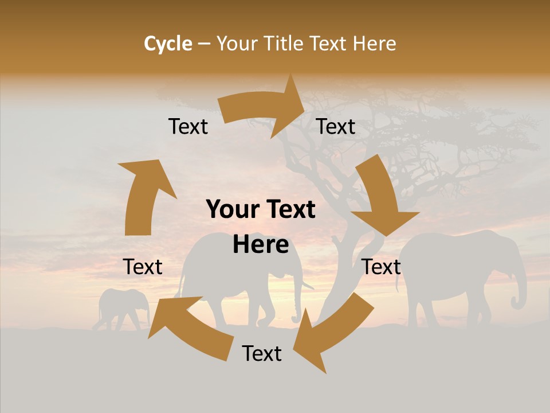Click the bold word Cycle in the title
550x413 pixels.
click(168, 44)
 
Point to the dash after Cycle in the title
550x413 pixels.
click(204, 44)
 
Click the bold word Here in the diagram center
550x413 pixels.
click(261, 244)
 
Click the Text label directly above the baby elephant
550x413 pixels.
click(143, 267)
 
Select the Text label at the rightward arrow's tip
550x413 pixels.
click(336, 127)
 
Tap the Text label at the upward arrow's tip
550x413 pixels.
click(188, 127)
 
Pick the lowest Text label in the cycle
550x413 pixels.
click(262, 353)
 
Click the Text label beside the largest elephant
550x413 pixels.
click(382, 267)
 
